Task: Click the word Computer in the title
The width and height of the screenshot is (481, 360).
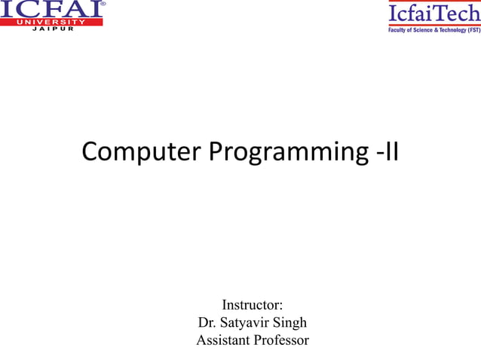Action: point(141,151)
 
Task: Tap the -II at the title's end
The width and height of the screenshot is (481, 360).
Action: point(386,151)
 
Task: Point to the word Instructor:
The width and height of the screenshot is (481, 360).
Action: point(252,305)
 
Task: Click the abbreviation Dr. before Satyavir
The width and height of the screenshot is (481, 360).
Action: point(207,323)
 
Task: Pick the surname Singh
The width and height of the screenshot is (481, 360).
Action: point(290,324)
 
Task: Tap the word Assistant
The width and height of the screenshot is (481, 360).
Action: point(223,340)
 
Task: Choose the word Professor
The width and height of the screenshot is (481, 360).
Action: point(281,340)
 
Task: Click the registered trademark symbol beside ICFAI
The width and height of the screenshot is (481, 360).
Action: point(103,4)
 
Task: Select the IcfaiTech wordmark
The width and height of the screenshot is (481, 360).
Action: point(434,14)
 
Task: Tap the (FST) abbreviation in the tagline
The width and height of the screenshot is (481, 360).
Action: point(473,31)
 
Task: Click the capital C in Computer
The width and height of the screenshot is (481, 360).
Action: point(90,151)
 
